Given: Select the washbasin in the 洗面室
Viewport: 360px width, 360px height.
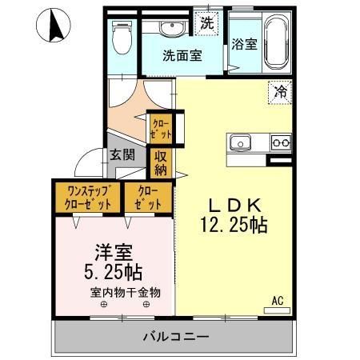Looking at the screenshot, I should [172, 30].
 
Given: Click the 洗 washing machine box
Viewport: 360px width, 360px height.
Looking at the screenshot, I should [206, 22].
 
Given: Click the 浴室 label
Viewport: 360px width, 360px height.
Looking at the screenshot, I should [243, 45].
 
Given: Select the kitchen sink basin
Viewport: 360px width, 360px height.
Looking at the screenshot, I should [242, 143].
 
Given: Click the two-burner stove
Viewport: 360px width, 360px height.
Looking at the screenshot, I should [280, 143].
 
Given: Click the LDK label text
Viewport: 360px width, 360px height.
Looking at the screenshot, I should [233, 202].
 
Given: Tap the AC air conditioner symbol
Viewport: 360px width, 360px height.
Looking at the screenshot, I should [278, 305].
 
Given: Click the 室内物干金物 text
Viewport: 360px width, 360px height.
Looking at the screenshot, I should [125, 292].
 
